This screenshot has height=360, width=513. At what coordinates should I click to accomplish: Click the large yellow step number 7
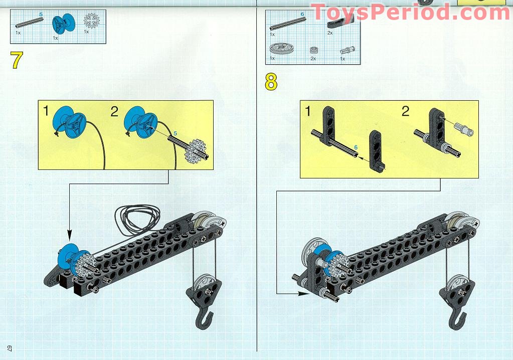17,60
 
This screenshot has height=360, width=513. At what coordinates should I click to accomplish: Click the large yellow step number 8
271,82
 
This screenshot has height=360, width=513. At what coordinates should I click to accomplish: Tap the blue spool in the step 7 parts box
63,24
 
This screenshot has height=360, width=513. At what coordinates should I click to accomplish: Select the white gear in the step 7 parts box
92,20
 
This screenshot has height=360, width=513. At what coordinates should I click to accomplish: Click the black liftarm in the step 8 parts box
340,20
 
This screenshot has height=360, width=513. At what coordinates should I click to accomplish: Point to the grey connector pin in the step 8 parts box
347,50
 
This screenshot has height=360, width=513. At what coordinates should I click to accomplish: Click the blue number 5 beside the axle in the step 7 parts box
41,15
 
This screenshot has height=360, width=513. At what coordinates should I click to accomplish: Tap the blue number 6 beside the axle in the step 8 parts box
302,15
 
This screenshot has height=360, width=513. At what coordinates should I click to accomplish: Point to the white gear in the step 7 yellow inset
195,151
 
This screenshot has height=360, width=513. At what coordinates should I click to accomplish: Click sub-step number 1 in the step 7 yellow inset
46,111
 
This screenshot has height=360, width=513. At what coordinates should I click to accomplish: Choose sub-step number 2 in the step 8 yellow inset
405,111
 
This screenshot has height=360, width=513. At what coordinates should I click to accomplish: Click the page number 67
10,349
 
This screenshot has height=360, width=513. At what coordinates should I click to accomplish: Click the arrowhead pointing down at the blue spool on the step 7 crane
69,235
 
